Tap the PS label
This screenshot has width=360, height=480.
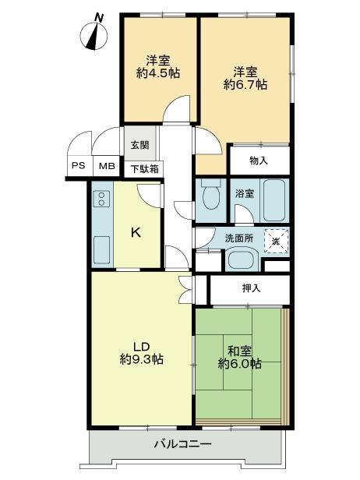point(79,166)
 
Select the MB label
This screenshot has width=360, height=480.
point(104,166)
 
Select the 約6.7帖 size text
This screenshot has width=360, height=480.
point(245,82)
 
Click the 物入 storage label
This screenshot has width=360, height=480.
point(259,161)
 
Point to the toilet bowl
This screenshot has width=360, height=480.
point(209,199)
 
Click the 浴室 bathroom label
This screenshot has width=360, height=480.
point(244,193)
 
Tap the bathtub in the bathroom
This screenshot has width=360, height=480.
point(274,199)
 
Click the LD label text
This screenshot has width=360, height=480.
point(140,347)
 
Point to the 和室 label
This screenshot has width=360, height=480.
point(239,350)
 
